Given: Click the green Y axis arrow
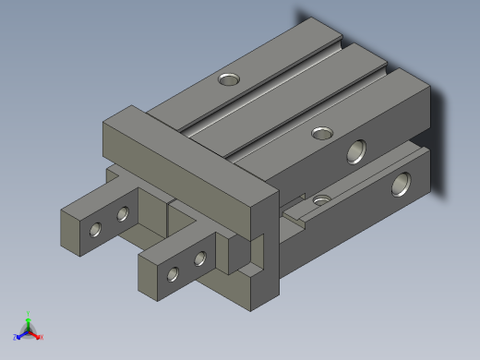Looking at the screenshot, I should click(29, 317).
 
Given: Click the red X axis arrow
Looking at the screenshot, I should click(40, 337).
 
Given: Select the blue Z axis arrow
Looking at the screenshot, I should click(19, 335).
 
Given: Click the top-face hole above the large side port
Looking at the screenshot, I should click(322, 134).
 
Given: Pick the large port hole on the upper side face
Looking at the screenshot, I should click(356, 151).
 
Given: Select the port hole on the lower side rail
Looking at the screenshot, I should click(402, 185).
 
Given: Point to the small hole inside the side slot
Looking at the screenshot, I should click(321, 199).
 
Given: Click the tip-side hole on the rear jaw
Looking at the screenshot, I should click(95, 228).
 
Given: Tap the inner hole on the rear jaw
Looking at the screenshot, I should click(123, 215).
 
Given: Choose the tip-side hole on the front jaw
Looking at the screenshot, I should click(173, 273).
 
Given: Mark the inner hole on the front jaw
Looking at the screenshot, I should click(199, 259).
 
